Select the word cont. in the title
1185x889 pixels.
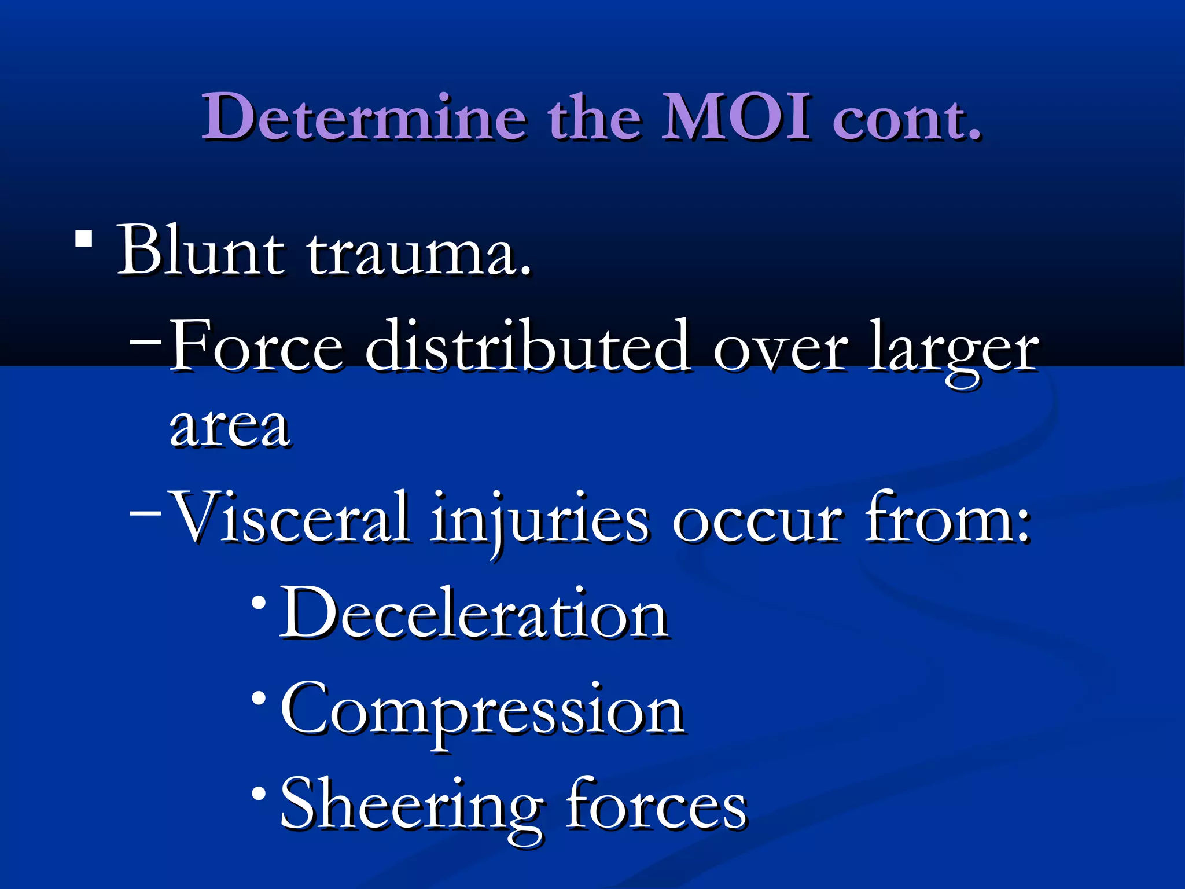(x=907, y=119)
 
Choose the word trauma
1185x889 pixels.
(x=418, y=255)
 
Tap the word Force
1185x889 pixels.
(x=257, y=346)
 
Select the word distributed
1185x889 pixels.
(x=528, y=346)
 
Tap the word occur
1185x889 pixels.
(x=757, y=521)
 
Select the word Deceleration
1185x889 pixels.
(x=474, y=614)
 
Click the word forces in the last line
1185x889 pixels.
(x=656, y=806)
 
